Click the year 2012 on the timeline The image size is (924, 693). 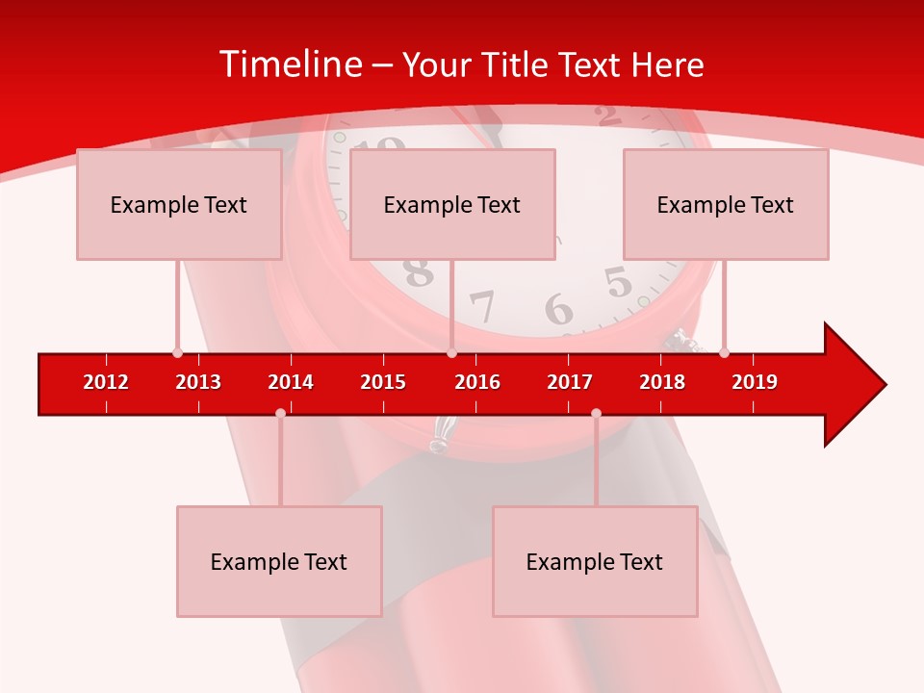[x=106, y=382]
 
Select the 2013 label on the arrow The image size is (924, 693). [x=198, y=382]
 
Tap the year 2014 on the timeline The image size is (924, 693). [x=291, y=382]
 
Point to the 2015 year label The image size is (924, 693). [x=383, y=382]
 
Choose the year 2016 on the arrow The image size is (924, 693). [x=477, y=382]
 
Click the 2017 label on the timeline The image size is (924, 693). [x=570, y=382]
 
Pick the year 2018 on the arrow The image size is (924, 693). [x=662, y=382]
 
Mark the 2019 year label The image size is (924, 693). [x=755, y=382]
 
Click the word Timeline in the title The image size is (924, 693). [x=290, y=64]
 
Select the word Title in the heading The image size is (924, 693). [x=515, y=64]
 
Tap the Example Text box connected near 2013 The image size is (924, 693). [x=179, y=204]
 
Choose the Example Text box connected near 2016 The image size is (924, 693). [x=452, y=204]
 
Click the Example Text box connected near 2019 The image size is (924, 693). [x=726, y=204]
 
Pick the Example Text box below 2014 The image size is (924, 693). [x=279, y=561]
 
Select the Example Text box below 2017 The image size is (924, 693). [x=595, y=561]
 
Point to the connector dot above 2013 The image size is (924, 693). [x=177, y=352]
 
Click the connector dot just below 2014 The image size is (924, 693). [x=280, y=413]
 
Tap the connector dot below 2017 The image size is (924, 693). [x=596, y=413]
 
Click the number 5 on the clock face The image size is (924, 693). [x=618, y=282]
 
